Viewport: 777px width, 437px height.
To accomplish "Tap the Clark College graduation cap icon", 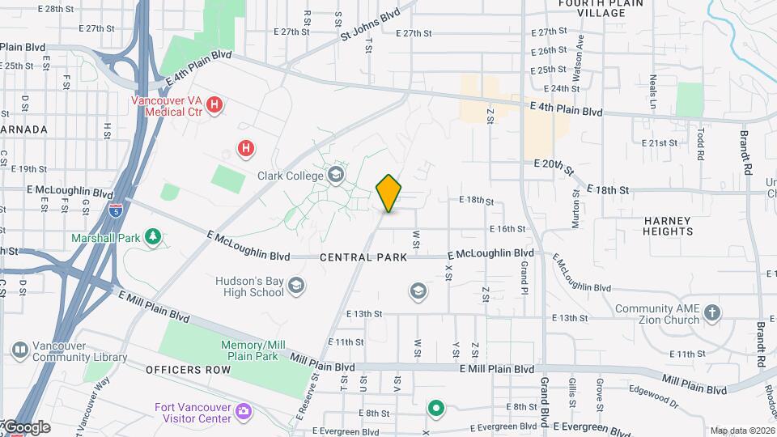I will (x=336, y=175).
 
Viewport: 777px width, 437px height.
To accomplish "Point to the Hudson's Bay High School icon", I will (x=296, y=286).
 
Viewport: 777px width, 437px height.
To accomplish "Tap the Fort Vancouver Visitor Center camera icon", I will (x=243, y=413).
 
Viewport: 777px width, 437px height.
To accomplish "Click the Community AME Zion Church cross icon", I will (x=712, y=314).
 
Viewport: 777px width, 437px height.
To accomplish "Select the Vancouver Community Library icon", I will (x=20, y=350).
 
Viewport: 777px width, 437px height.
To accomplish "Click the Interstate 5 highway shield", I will (x=115, y=208).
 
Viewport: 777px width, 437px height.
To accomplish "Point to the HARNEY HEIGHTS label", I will (x=668, y=226).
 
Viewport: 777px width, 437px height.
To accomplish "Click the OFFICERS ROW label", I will (x=188, y=370).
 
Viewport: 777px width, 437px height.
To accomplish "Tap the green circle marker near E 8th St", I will (x=436, y=409).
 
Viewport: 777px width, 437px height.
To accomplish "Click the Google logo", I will (x=27, y=427).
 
